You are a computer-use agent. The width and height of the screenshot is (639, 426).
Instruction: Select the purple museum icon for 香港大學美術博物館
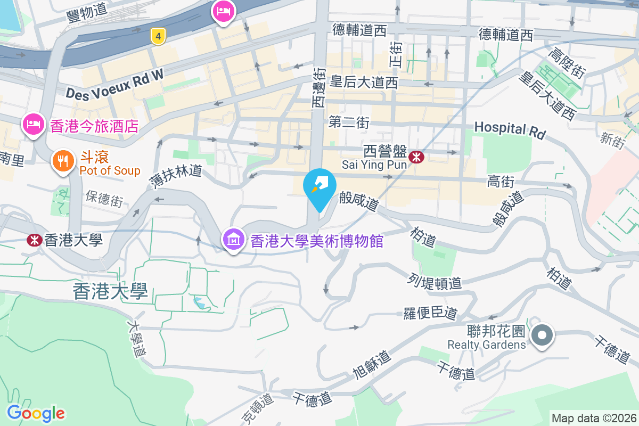233,240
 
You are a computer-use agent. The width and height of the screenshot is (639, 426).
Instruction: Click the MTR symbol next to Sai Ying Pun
416,157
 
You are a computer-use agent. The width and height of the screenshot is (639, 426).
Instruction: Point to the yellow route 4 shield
157,36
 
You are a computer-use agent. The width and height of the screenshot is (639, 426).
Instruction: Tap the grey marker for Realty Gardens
542,335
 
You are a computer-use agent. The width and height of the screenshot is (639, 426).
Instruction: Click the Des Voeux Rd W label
114,85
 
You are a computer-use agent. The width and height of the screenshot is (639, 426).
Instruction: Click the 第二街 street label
349,122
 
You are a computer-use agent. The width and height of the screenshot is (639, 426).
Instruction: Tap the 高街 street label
500,182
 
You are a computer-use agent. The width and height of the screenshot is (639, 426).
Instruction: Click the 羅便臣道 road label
431,313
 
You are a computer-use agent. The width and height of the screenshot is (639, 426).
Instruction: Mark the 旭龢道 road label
372,365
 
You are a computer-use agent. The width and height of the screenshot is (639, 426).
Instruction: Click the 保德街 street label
104,200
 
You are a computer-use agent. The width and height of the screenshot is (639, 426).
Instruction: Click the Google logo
36,413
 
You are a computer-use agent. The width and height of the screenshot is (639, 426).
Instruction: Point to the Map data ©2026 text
593,418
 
